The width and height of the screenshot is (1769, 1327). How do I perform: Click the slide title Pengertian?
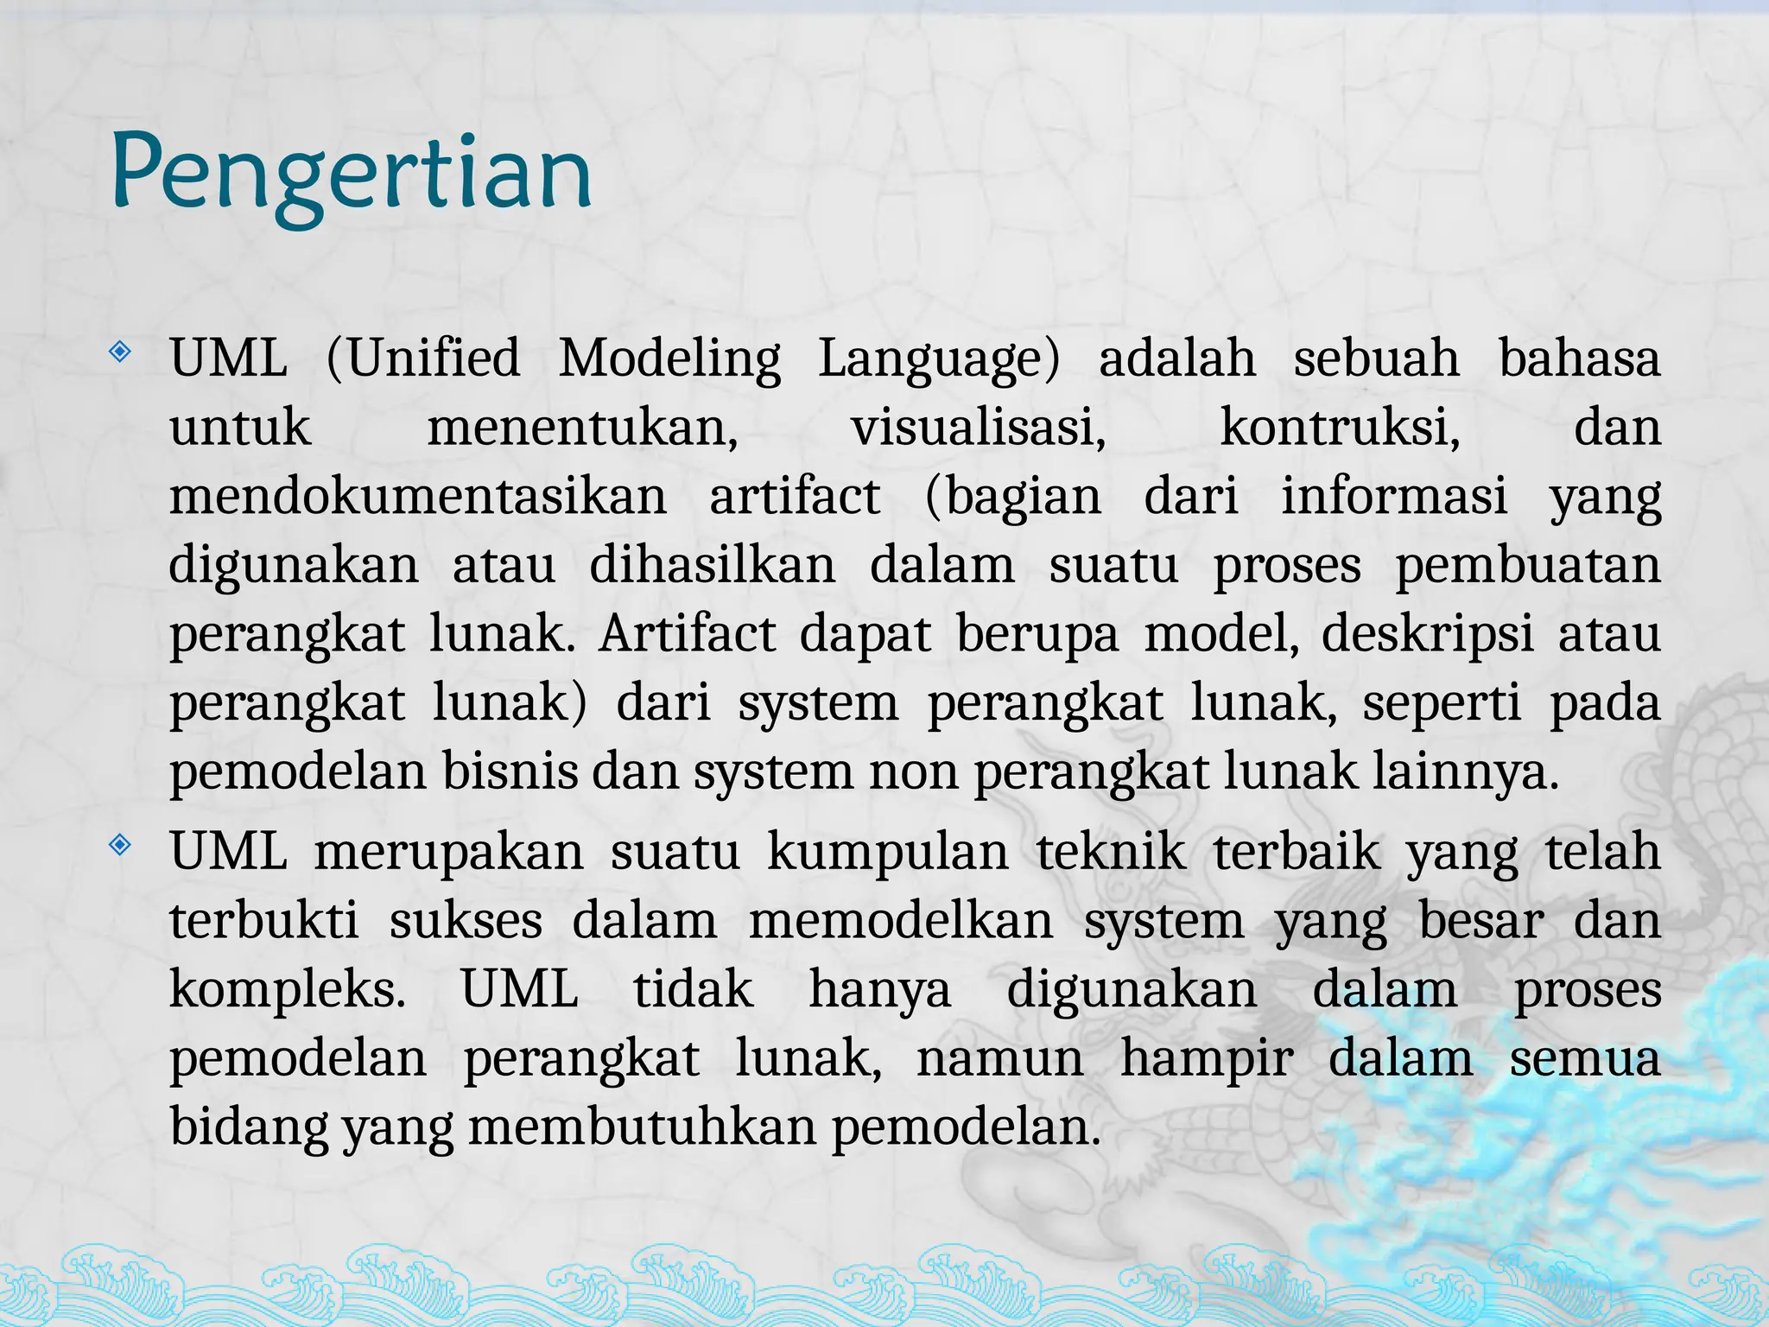click(x=351, y=173)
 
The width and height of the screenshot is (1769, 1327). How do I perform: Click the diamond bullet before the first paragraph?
click(x=120, y=352)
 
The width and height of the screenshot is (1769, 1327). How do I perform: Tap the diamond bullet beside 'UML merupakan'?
click(x=120, y=844)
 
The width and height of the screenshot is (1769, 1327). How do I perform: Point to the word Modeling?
click(x=669, y=358)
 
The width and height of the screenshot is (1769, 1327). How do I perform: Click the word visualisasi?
click(x=979, y=427)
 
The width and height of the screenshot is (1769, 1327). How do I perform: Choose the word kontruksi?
click(x=1340, y=427)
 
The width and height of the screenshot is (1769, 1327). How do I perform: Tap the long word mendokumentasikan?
click(x=418, y=496)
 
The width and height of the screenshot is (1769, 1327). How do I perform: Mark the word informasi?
click(x=1394, y=496)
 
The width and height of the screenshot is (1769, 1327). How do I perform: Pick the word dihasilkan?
click(x=713, y=565)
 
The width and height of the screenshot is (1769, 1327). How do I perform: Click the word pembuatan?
click(x=1528, y=565)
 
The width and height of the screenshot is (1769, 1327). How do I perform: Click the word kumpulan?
click(x=888, y=852)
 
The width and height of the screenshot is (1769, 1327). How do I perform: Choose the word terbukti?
click(x=264, y=921)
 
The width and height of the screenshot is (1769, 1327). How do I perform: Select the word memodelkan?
click(x=901, y=921)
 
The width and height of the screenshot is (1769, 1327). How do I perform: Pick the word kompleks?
click(x=288, y=990)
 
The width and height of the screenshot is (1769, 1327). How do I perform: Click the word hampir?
click(x=1207, y=1059)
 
